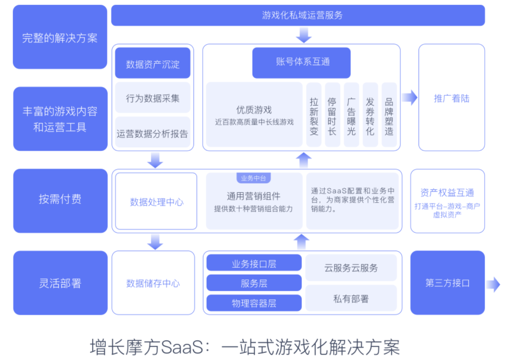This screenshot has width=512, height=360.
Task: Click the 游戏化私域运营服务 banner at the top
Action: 298,15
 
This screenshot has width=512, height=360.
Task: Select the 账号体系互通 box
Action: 302,63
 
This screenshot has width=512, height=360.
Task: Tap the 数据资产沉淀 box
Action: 153,63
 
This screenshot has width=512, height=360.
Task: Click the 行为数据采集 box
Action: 153,98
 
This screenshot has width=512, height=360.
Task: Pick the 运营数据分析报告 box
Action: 153,133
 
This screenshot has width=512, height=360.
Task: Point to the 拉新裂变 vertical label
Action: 314,116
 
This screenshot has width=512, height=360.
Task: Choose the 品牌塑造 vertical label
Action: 389,116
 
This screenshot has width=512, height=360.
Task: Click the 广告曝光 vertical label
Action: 351,116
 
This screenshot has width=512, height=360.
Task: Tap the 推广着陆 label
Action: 451,98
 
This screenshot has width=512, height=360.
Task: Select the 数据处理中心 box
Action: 156,202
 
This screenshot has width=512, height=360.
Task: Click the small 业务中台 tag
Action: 254,178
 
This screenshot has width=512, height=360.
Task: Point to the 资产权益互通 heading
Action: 447,192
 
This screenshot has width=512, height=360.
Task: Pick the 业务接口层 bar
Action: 254,264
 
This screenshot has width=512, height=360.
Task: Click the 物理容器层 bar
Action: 254,303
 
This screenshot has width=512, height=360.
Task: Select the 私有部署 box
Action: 351,298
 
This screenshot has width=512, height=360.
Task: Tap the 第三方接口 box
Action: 447,283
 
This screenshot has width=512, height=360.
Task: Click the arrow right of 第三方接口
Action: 493,284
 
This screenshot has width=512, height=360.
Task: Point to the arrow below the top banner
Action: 303,35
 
